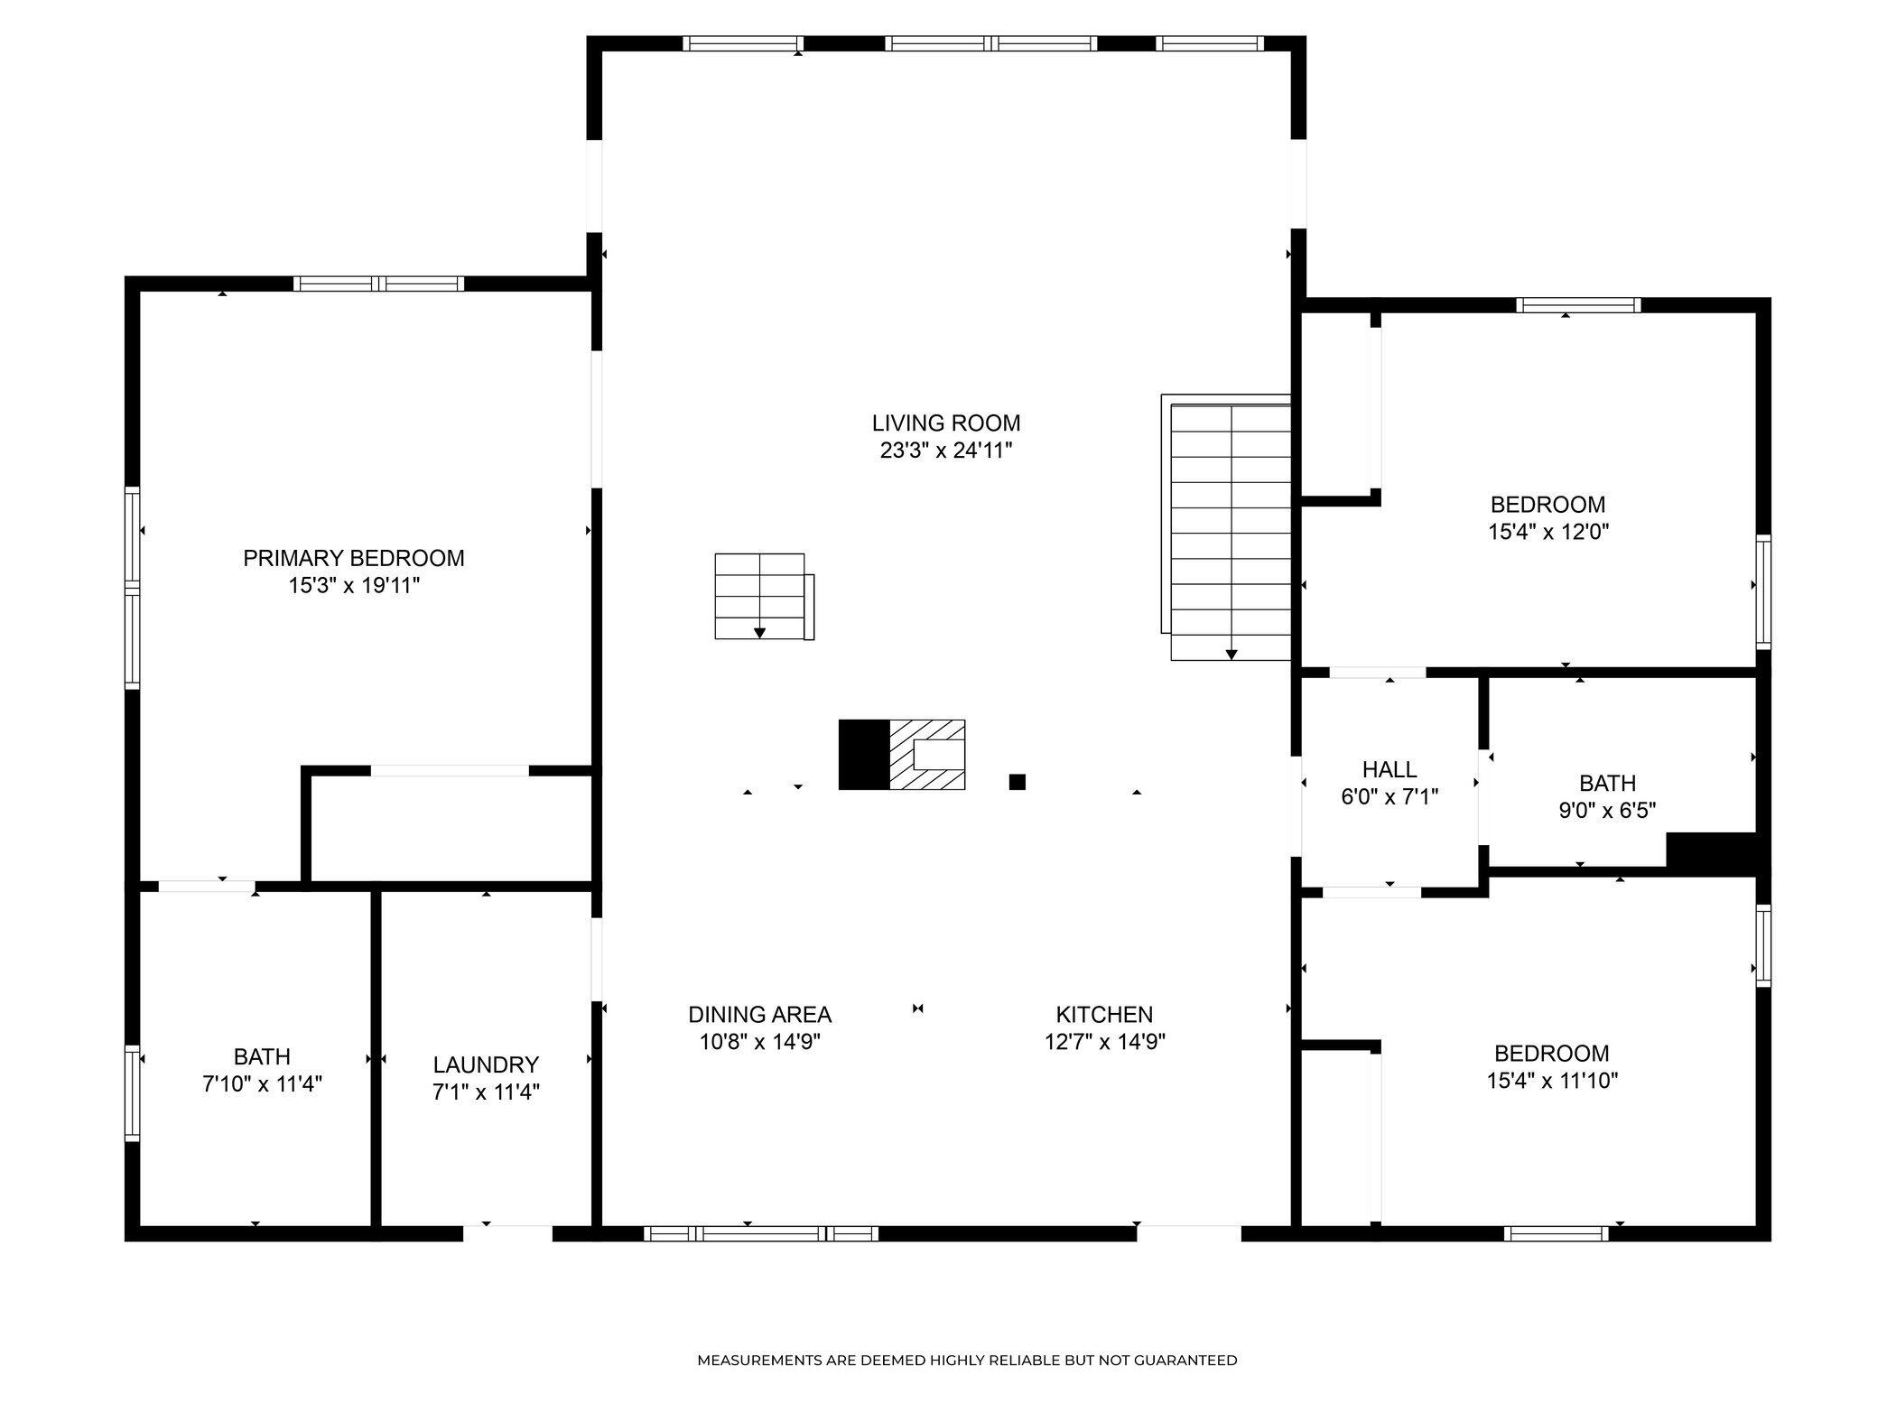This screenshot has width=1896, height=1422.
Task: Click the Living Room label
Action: tap(946, 423)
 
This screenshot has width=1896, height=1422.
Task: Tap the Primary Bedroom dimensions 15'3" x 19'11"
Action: tap(354, 586)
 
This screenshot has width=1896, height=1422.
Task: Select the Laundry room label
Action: tap(486, 1064)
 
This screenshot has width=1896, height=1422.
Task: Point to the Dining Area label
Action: tap(759, 1014)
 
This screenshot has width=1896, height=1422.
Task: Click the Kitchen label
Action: tap(1104, 1014)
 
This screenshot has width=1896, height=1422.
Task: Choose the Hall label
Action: tap(1389, 769)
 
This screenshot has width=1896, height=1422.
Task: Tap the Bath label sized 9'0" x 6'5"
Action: tap(1607, 783)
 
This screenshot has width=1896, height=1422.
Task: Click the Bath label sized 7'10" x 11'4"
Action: tap(262, 1056)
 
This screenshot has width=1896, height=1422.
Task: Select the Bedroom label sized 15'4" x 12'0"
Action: tap(1548, 504)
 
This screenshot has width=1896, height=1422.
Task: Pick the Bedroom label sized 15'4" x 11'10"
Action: tap(1552, 1053)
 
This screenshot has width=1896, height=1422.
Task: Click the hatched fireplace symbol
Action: tap(927, 755)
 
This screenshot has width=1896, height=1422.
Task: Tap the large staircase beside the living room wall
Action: tap(1226, 527)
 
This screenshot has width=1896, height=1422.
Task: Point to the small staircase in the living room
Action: tap(764, 597)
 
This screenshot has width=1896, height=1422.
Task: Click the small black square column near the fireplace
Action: tap(1018, 782)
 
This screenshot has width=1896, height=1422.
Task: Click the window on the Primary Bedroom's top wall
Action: tap(379, 283)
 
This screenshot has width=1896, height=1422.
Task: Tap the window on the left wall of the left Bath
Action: tap(133, 1092)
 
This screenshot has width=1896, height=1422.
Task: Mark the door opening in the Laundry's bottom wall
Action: tap(507, 1233)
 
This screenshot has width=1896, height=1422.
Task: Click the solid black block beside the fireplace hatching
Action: tap(864, 755)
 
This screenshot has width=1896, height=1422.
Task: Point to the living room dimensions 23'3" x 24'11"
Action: tap(946, 451)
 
